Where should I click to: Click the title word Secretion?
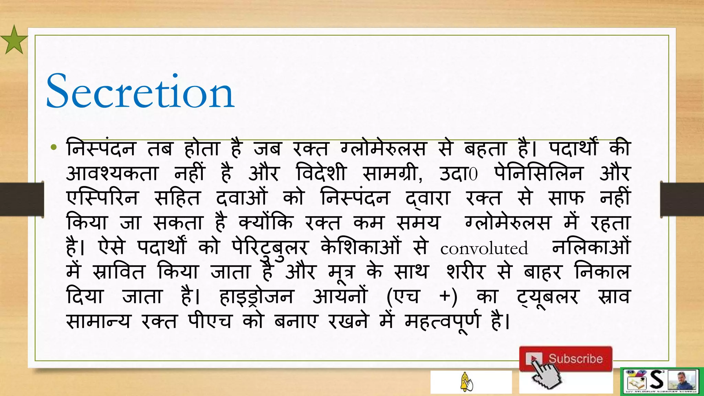click(x=140, y=92)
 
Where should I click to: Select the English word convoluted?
click(x=484, y=248)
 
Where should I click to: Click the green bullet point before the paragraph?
click(x=53, y=148)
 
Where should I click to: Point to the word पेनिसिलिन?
click(x=538, y=173)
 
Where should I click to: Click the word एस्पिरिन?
click(x=102, y=198)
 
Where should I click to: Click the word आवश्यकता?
click(x=112, y=173)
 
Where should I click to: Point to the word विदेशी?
click(x=321, y=173)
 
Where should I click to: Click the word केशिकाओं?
click(x=361, y=247)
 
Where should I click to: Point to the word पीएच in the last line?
click(x=209, y=322)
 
